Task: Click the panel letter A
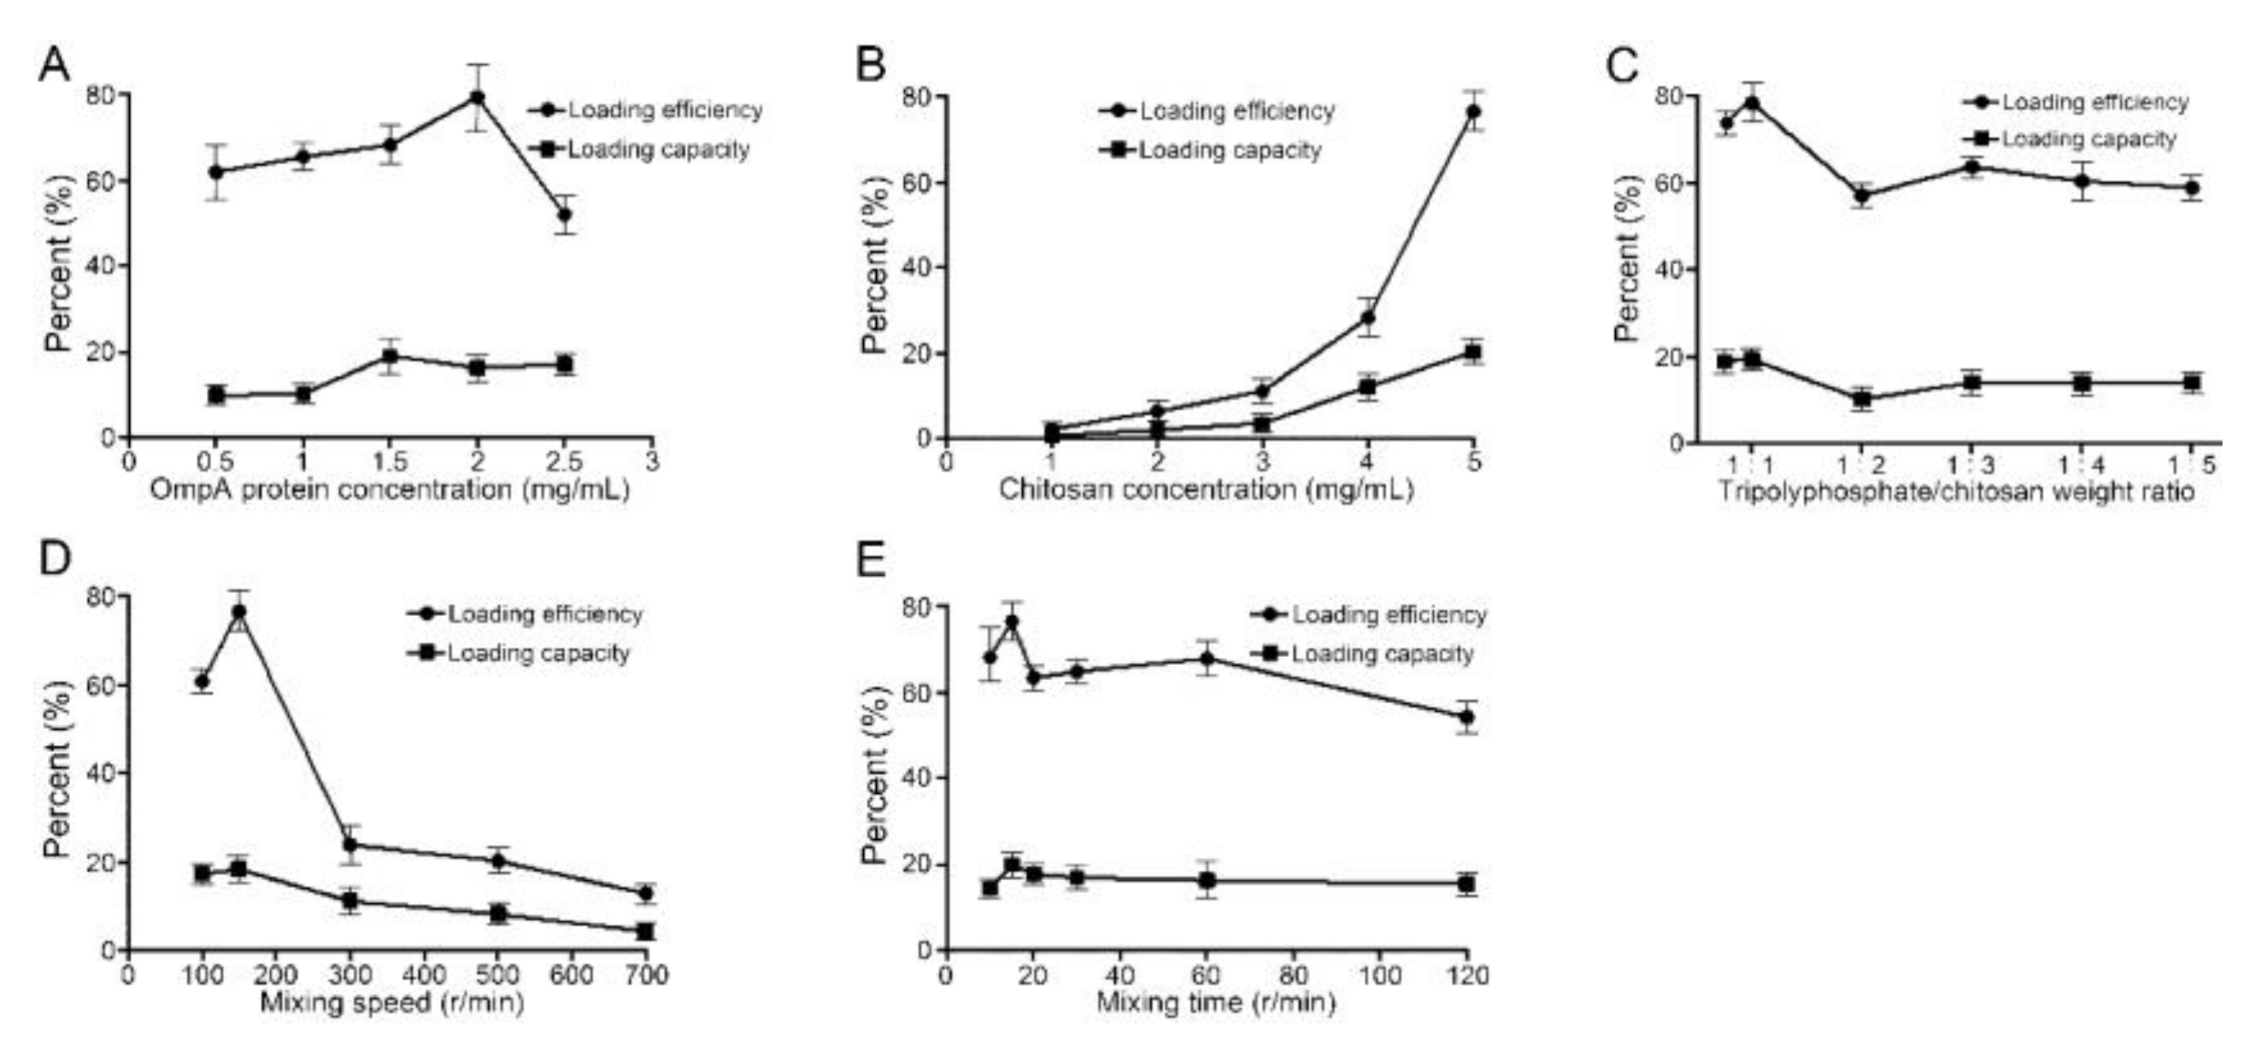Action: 55,66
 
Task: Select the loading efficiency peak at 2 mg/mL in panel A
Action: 478,97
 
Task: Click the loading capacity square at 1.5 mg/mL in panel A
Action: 391,355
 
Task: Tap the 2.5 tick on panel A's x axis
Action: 564,461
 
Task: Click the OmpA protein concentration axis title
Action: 390,489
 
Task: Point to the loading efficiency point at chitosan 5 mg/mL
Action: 1473,111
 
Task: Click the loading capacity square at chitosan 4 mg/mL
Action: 1367,386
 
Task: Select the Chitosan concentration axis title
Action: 1206,489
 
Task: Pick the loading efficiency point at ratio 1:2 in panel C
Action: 1862,196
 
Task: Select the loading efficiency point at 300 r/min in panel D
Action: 350,844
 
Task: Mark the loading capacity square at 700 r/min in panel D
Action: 645,931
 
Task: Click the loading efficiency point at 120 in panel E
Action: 1467,717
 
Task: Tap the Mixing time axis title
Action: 1215,1001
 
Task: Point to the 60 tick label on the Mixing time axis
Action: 1207,975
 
